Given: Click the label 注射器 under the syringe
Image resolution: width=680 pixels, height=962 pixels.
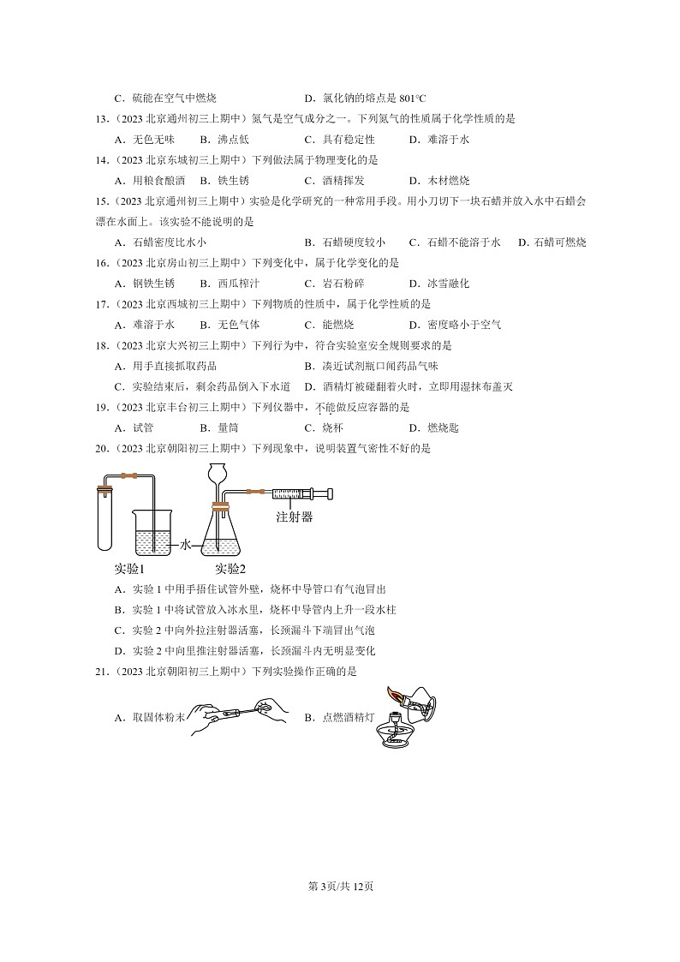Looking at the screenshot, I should [x=294, y=517].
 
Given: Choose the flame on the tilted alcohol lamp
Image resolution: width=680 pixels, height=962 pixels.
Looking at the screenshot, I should [x=396, y=696].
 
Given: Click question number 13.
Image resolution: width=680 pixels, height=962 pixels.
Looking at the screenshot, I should [x=102, y=119].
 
